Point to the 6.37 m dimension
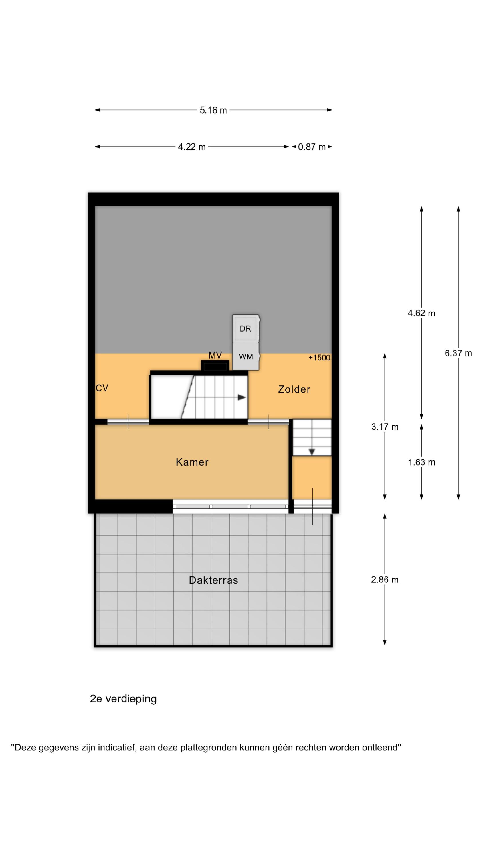pos(458,353)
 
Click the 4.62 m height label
pos(421,313)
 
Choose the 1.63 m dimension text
pos(422,462)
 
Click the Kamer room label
pos(192,462)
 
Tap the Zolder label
pos(294,389)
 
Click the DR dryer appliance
pos(246,329)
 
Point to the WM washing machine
pos(246,356)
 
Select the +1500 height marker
pos(319,358)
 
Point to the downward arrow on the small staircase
pos(312,452)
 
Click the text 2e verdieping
pos(123,698)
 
